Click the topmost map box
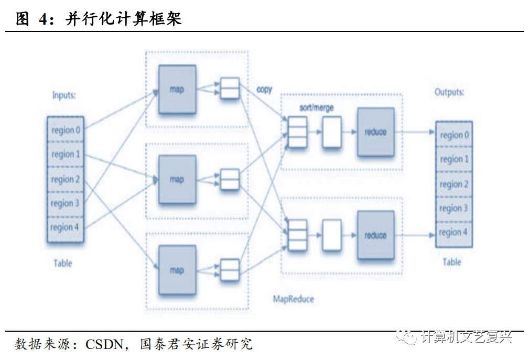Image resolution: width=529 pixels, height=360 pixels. click(x=177, y=89)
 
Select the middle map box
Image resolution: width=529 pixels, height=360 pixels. click(x=177, y=179)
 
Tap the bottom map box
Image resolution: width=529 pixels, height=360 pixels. click(x=177, y=270)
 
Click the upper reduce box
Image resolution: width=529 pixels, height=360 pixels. click(x=375, y=132)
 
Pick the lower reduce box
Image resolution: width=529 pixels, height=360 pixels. click(x=375, y=235)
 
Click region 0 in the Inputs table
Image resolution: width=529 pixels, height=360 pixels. click(x=66, y=130)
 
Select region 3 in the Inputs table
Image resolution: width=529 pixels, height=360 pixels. click(x=66, y=203)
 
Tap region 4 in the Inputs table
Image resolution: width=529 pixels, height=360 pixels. click(x=66, y=227)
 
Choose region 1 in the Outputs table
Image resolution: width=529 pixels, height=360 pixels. click(x=454, y=159)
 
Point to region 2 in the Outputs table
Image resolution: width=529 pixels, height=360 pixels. click(x=454, y=184)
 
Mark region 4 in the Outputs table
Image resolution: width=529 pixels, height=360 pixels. click(x=454, y=233)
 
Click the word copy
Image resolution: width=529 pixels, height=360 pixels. click(x=264, y=90)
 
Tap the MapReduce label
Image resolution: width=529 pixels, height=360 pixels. click(x=294, y=299)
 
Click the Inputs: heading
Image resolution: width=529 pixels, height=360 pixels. click(x=64, y=95)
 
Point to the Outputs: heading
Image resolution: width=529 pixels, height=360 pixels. click(x=449, y=92)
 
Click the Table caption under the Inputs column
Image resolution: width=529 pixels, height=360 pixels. click(x=63, y=263)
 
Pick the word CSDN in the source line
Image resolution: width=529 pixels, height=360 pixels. click(x=104, y=344)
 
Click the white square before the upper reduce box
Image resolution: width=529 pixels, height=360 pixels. click(x=332, y=133)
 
